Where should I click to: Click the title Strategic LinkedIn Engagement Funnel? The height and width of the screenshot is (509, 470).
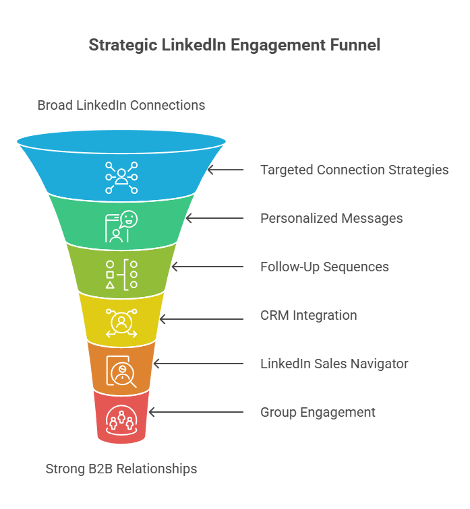click(x=235, y=45)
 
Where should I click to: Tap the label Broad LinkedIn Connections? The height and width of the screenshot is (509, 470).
click(x=121, y=105)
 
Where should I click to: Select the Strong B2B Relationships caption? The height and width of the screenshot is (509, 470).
click(x=121, y=469)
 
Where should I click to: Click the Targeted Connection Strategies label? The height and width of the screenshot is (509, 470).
click(x=354, y=170)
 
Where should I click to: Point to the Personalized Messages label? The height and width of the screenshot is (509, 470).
click(x=331, y=218)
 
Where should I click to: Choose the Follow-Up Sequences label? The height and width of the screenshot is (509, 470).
click(x=324, y=267)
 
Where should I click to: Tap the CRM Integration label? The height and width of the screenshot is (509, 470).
click(x=308, y=315)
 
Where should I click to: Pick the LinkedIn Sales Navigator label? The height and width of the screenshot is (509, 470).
click(x=334, y=364)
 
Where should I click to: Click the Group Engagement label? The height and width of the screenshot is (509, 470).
click(x=318, y=412)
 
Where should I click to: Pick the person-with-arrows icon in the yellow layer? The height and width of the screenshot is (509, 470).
click(x=121, y=323)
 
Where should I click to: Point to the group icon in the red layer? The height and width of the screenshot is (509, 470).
click(x=121, y=419)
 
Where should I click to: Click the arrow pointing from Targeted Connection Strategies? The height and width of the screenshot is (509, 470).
click(x=226, y=170)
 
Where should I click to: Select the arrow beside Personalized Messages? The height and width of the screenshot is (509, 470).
click(x=215, y=218)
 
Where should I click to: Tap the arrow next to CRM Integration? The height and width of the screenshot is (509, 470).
click(x=203, y=315)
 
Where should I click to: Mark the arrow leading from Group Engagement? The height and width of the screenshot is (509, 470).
click(x=196, y=412)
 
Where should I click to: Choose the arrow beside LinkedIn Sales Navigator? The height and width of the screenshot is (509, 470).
click(x=199, y=364)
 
